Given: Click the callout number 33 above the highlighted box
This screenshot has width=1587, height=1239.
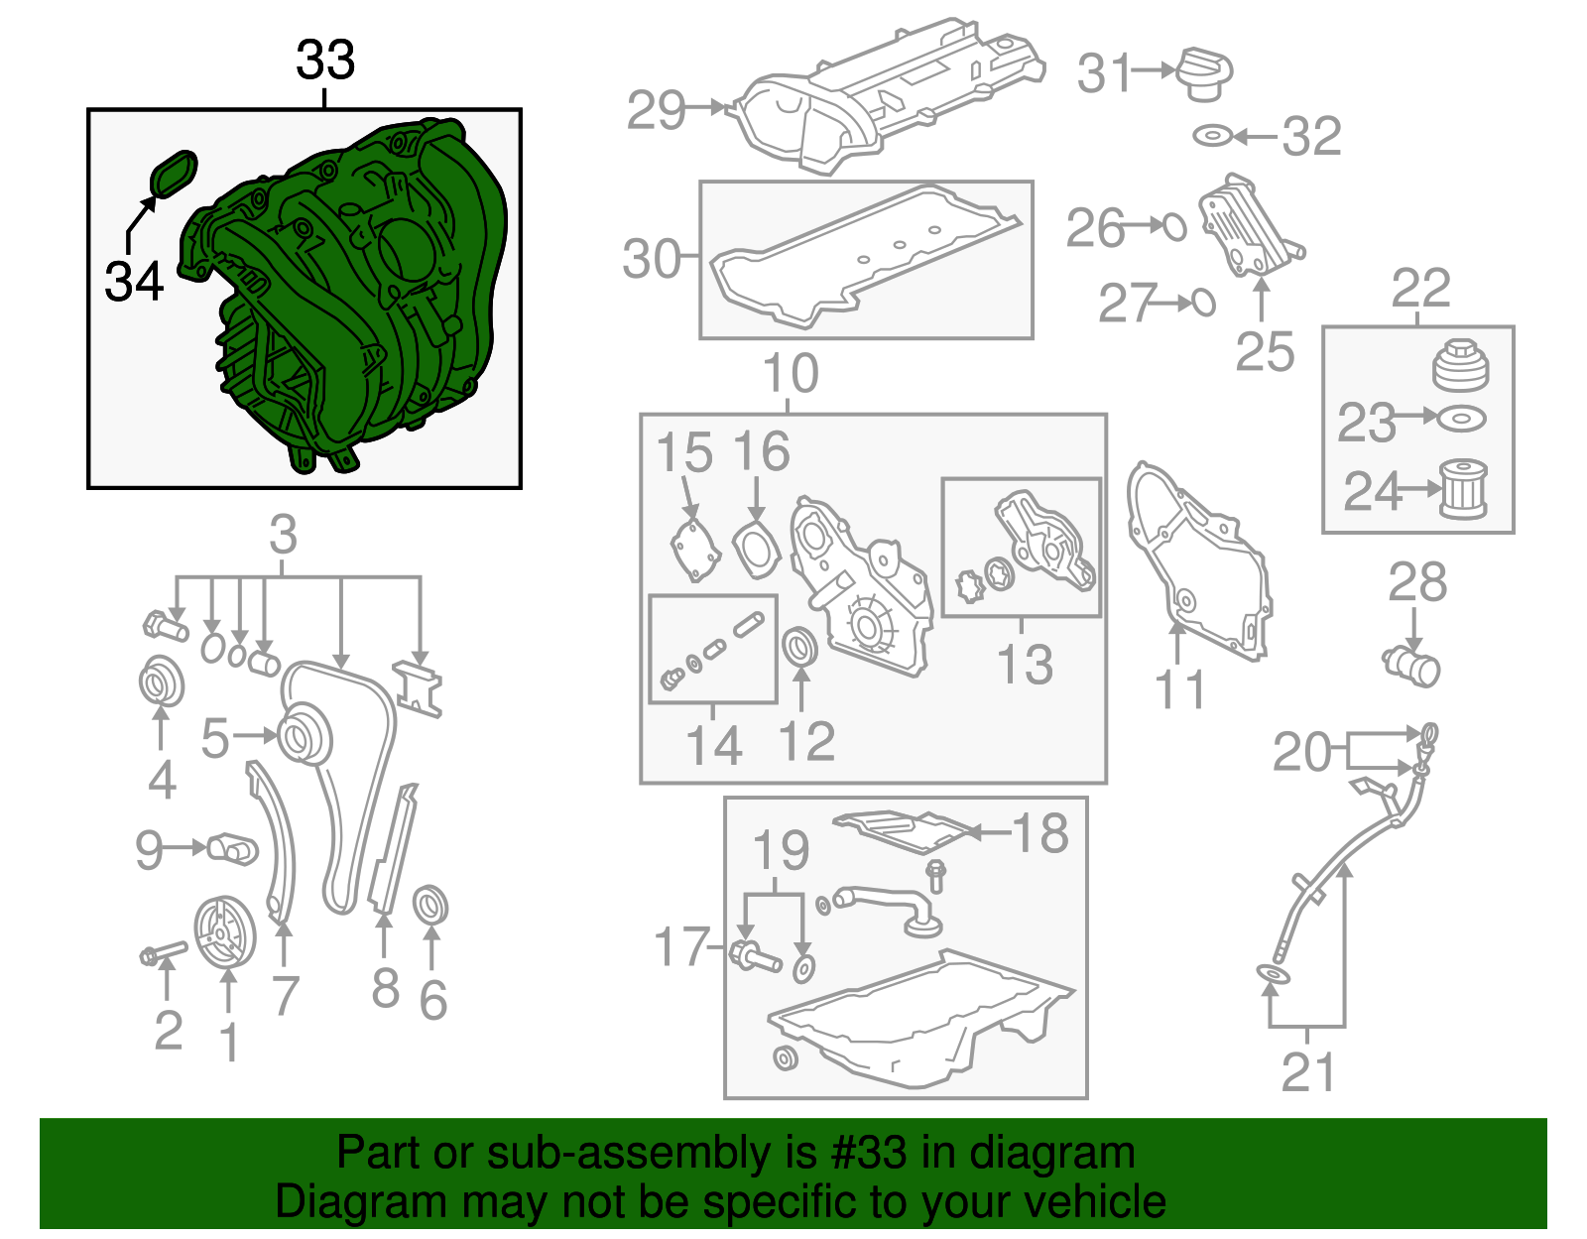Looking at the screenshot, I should [x=325, y=61].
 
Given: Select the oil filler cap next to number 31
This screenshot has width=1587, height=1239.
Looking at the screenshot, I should [x=1204, y=72].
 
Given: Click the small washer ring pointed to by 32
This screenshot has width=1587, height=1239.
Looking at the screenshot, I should [x=1212, y=136].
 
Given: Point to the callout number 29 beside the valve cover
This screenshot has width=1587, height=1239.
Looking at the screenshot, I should [x=656, y=110].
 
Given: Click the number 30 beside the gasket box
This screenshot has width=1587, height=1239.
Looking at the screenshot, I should [x=652, y=259].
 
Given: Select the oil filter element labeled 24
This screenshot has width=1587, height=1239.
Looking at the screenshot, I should [x=1463, y=488].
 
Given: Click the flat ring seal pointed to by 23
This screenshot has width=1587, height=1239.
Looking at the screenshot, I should [x=1461, y=419].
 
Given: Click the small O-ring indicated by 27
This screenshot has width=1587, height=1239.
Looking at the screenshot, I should [x=1203, y=302].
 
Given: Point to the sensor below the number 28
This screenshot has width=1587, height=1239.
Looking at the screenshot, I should [x=1412, y=665].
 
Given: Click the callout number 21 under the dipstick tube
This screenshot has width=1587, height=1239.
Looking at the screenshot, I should [x=1308, y=1072].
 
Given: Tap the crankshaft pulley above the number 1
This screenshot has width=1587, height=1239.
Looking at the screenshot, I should [x=224, y=932].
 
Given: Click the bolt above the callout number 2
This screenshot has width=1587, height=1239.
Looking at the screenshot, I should [x=164, y=953].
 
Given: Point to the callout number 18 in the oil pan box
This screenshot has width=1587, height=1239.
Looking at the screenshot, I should [x=1040, y=833].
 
